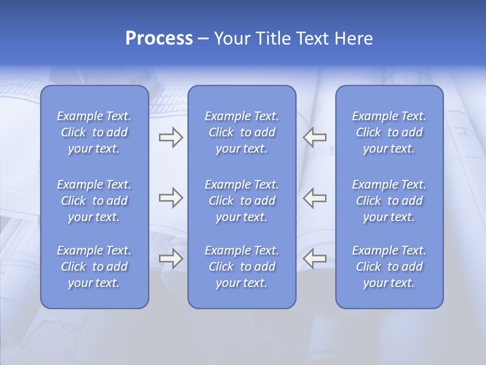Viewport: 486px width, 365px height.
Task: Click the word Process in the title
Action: pyautogui.click(x=159, y=39)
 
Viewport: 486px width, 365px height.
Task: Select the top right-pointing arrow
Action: pyautogui.click(x=171, y=137)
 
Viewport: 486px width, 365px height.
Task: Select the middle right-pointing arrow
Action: pyautogui.click(x=171, y=198)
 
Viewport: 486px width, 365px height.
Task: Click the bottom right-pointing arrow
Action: pyautogui.click(x=171, y=259)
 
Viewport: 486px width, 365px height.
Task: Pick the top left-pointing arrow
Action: pyautogui.click(x=314, y=137)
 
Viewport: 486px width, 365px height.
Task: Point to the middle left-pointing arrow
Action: pyautogui.click(x=314, y=198)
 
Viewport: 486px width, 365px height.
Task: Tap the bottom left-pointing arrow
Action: pyautogui.click(x=314, y=259)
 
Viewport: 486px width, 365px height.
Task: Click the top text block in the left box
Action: pyautogui.click(x=94, y=132)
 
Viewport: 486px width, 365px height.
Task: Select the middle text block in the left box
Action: pyautogui.click(x=94, y=201)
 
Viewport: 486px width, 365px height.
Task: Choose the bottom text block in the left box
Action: pyautogui.click(x=94, y=267)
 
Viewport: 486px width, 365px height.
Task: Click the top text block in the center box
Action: pyautogui.click(x=241, y=132)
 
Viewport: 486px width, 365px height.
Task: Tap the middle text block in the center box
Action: pyautogui.click(x=241, y=201)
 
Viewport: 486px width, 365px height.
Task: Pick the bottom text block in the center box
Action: pyautogui.click(x=241, y=267)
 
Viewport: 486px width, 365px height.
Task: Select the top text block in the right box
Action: pyautogui.click(x=389, y=132)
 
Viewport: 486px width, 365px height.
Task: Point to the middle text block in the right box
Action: pyautogui.click(x=389, y=201)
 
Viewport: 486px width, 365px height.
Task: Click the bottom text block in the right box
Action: pyautogui.click(x=389, y=267)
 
